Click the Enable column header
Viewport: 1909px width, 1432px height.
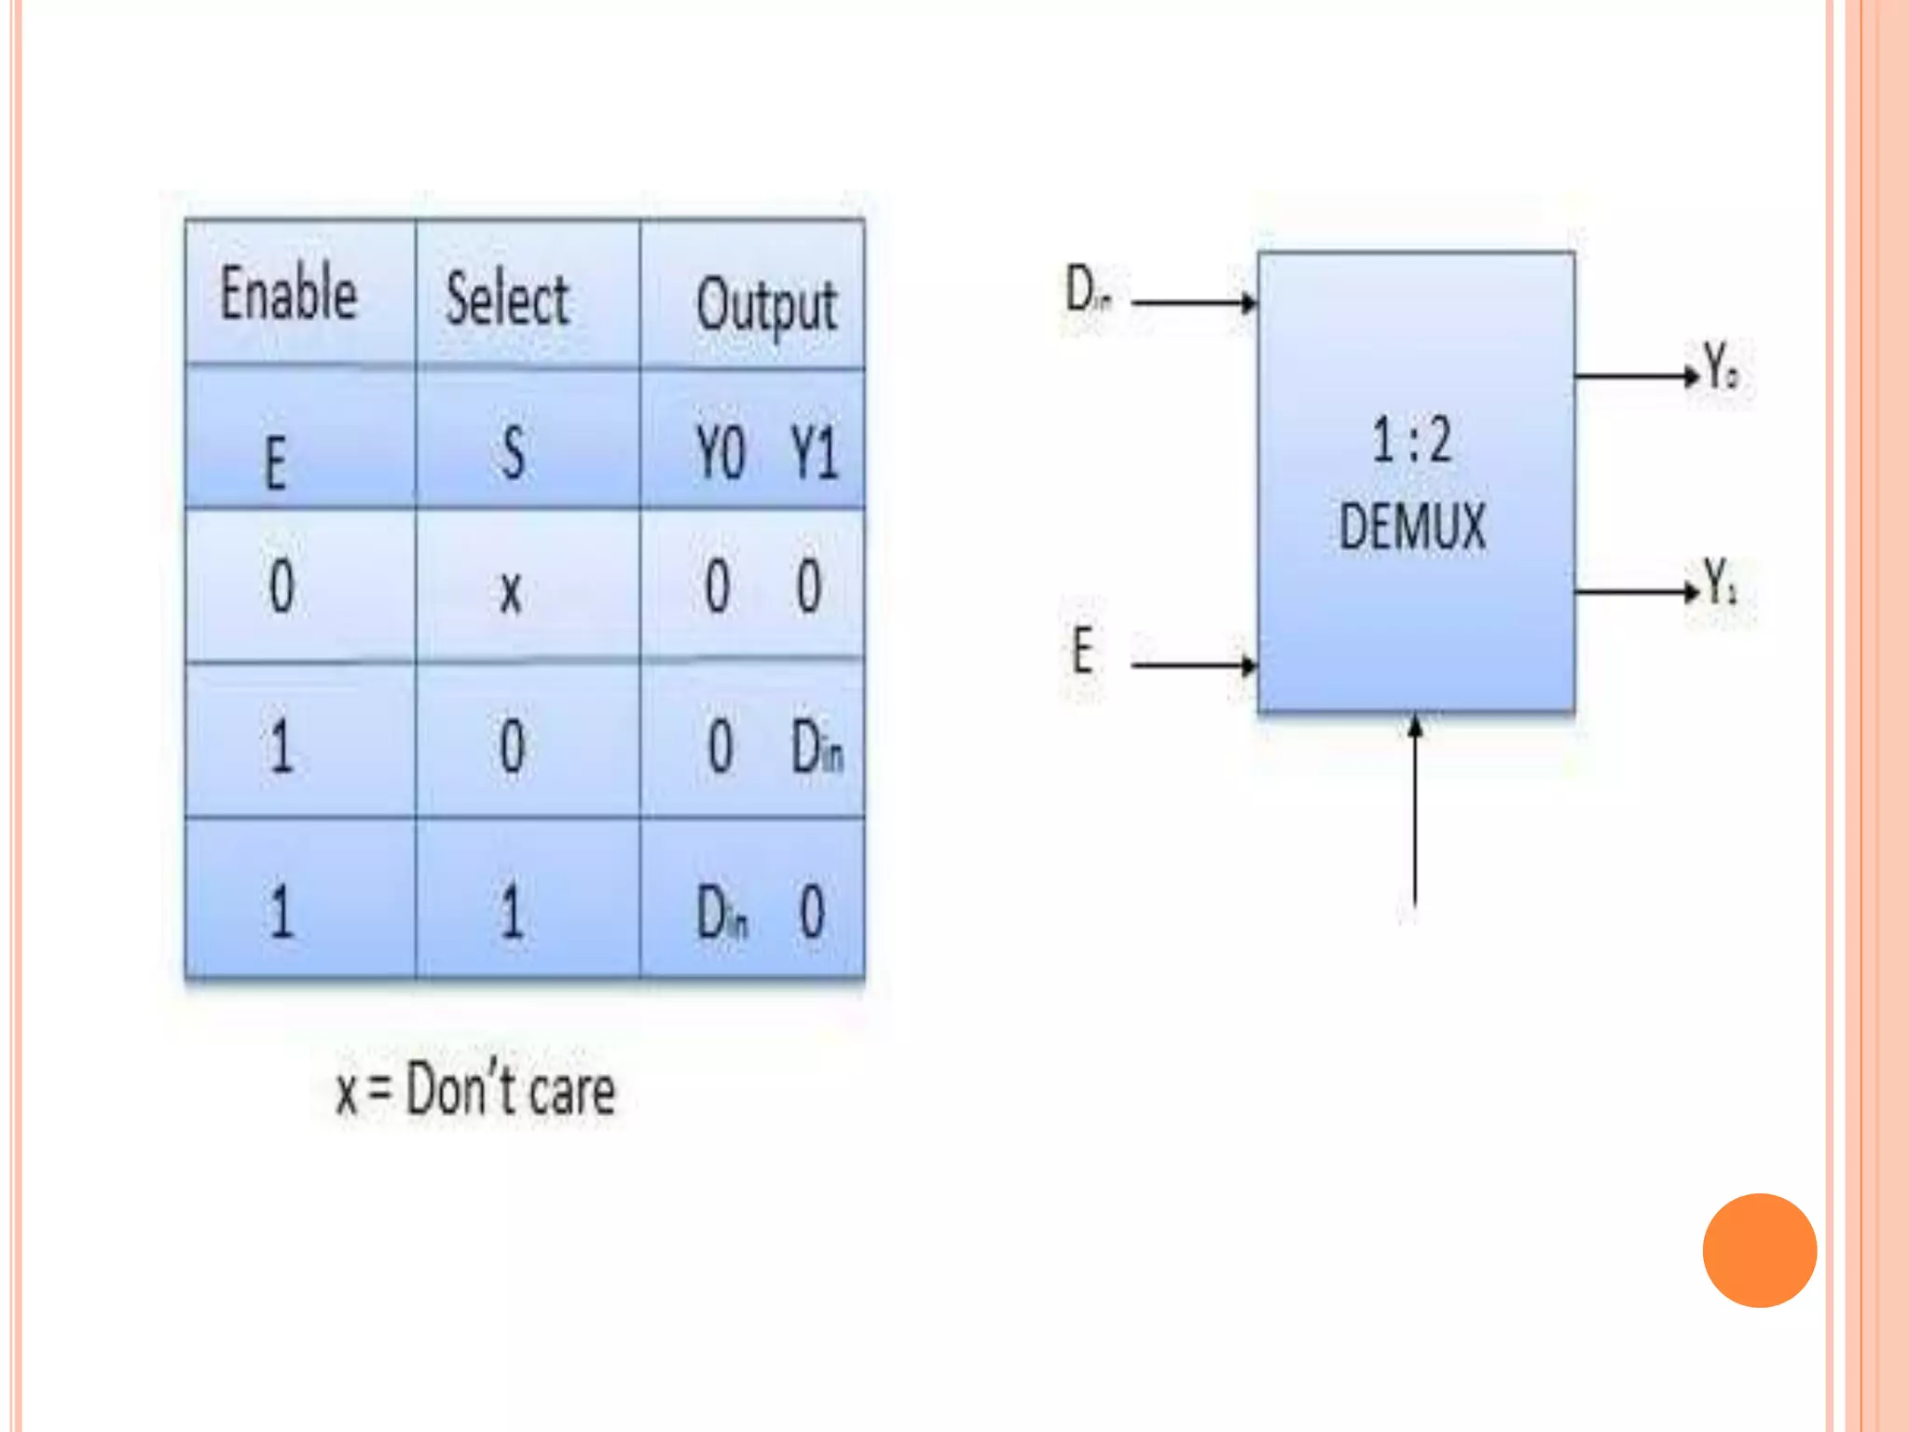[289, 294]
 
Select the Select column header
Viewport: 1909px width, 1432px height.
[508, 299]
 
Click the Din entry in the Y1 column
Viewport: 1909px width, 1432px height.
[817, 748]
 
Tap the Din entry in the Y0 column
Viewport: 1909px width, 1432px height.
[721, 913]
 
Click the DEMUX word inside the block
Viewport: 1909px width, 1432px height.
[1412, 527]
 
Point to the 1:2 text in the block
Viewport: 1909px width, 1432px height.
[1411, 440]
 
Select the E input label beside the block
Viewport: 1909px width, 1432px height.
[1081, 650]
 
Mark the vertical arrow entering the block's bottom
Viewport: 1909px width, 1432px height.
[1415, 811]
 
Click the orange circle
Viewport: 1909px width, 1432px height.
[1759, 1250]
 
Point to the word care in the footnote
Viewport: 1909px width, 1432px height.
[570, 1092]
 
